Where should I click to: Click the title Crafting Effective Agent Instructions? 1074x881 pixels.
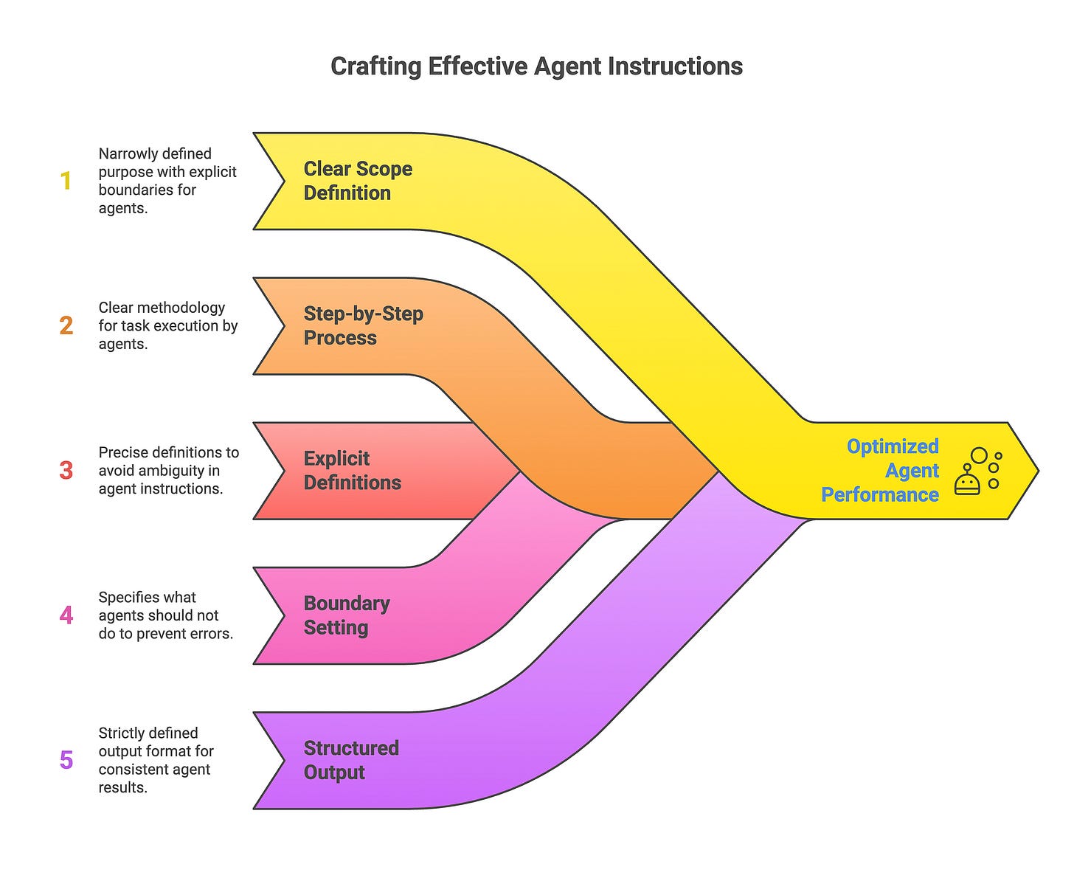point(536,66)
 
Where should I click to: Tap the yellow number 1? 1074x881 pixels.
point(66,181)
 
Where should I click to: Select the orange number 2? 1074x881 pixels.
point(66,325)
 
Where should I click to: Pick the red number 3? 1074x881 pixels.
point(66,470)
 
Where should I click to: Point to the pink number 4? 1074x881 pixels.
point(66,615)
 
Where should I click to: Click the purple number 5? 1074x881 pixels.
point(66,760)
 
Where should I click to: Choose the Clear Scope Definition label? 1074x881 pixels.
point(358,181)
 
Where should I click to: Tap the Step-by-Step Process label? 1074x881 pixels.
point(363,325)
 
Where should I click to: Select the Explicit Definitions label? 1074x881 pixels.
point(352,470)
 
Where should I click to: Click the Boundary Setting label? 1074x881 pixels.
point(346,615)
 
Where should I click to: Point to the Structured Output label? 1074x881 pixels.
point(350,760)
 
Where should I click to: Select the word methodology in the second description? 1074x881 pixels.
point(184,308)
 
